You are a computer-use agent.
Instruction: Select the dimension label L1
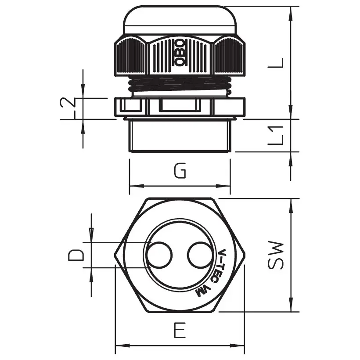click(x=276, y=135)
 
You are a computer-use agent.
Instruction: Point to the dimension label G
click(x=180, y=171)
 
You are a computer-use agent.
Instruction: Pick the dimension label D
click(x=77, y=255)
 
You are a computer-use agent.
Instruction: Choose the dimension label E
click(x=179, y=330)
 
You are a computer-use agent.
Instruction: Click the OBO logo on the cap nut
click(x=180, y=53)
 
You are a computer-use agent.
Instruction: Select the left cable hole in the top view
click(x=160, y=255)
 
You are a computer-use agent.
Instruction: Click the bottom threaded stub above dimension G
click(x=180, y=135)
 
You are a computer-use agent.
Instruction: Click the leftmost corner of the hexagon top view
click(x=115, y=255)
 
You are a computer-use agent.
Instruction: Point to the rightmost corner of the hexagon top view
click(x=245, y=255)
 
